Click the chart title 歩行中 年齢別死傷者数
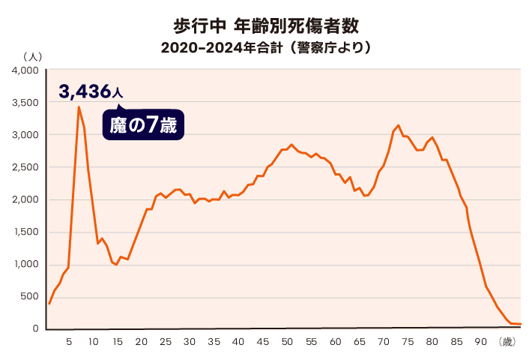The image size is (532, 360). pos(265,25)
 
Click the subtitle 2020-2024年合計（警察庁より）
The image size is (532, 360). pos(266,48)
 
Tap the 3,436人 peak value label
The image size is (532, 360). pos(90,92)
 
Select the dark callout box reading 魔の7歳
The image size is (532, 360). pos(143,125)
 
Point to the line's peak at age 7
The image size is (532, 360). pos(79,107)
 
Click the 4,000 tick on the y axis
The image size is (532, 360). pos(25,70)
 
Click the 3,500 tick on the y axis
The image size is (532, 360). pos(25,103)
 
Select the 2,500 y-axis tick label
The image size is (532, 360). pos(25,167)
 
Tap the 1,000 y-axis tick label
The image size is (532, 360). pos(25,264)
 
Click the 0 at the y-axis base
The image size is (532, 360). pos(35,328)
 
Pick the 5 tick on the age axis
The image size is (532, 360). pos(69,342)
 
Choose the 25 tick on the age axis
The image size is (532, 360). pos(166,342)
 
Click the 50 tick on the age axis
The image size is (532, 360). pos(286,342)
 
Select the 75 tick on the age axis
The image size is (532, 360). pos(408,342)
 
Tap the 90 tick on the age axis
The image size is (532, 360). pos(480,342)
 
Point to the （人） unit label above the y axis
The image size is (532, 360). pos(33,56)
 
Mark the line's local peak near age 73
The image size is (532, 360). pos(398,125)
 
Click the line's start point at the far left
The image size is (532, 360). pos(49,303)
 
